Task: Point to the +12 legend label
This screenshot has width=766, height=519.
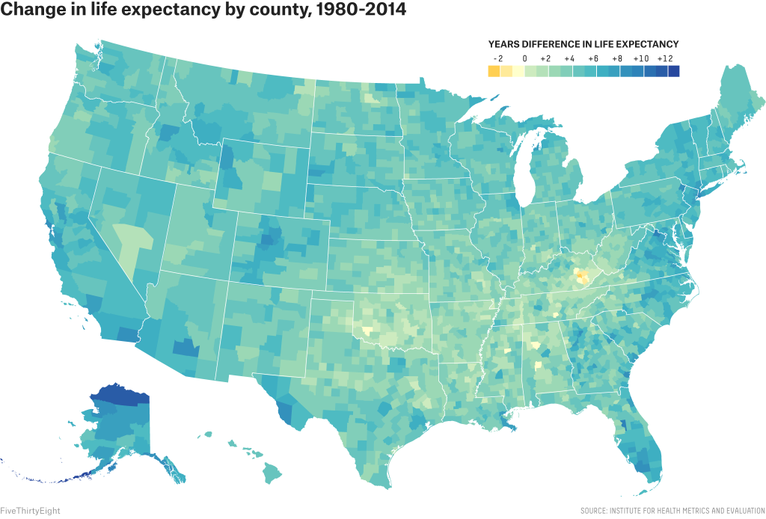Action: (665, 58)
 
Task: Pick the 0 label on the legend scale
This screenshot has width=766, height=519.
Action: (524, 58)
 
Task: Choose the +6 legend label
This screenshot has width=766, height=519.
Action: (593, 58)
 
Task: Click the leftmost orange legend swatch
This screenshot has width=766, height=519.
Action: (494, 71)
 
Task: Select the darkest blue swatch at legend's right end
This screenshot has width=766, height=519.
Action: (673, 71)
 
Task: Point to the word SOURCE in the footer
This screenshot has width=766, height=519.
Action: (596, 511)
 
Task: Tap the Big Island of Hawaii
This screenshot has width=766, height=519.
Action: (272, 473)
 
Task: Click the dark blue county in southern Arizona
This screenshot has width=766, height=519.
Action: (184, 348)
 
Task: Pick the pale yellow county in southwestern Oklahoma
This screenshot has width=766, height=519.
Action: (366, 329)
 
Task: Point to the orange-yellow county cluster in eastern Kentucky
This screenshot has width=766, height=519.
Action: (581, 277)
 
